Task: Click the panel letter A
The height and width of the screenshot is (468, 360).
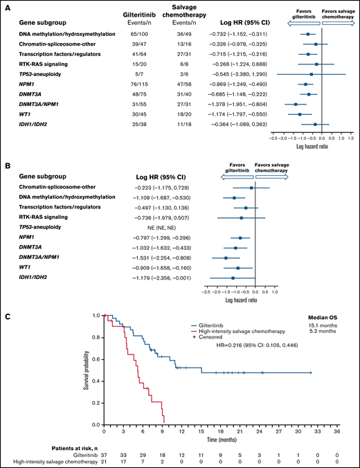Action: click(6, 6)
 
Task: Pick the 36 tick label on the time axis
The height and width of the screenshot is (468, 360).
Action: click(337, 431)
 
